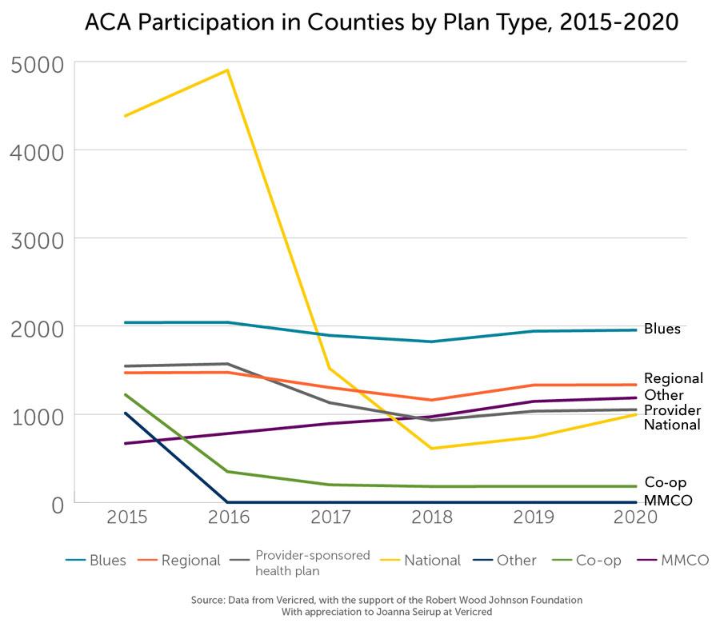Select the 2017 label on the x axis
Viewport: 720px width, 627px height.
331,517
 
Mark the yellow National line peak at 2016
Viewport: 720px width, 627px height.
228,70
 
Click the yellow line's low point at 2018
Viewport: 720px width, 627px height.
432,448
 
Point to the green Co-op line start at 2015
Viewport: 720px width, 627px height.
126,394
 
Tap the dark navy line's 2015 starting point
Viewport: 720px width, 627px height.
126,413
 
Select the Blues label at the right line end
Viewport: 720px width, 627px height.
662,329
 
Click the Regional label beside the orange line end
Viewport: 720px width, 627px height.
673,378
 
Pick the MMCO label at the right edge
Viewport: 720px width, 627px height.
667,501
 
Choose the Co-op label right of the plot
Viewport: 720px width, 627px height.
665,482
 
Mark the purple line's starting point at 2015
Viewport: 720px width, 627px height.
126,443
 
